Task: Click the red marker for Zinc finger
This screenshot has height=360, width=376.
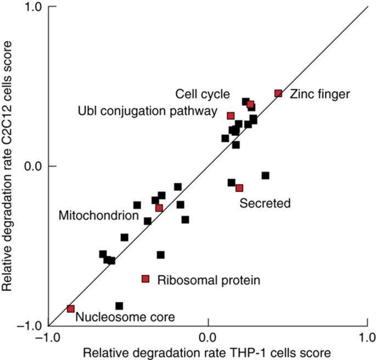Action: click(278, 93)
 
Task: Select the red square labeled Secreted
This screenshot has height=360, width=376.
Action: click(239, 188)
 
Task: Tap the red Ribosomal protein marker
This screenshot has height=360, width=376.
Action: click(145, 279)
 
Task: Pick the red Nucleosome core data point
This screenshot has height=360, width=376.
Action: click(70, 309)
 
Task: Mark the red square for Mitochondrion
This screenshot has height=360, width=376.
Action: click(159, 208)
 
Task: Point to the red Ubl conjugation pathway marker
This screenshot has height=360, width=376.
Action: click(231, 115)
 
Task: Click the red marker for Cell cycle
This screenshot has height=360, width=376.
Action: click(250, 104)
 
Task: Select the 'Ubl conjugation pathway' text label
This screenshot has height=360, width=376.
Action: click(148, 112)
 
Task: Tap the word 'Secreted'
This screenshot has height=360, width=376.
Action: click(265, 203)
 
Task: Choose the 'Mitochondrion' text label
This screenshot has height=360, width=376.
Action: click(98, 216)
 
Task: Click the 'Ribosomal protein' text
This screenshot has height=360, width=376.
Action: click(208, 280)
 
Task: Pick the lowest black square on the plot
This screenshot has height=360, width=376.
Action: click(119, 306)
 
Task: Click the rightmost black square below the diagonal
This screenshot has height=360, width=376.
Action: click(265, 175)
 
